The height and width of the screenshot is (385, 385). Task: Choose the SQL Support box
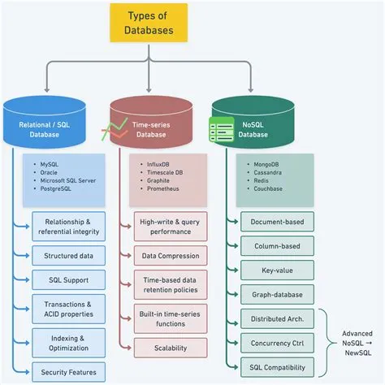[x=68, y=280]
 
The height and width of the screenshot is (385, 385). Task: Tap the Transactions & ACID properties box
[x=68, y=309]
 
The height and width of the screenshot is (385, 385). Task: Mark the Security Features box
[x=68, y=372]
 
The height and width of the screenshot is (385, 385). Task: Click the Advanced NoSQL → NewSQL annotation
[x=357, y=343]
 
